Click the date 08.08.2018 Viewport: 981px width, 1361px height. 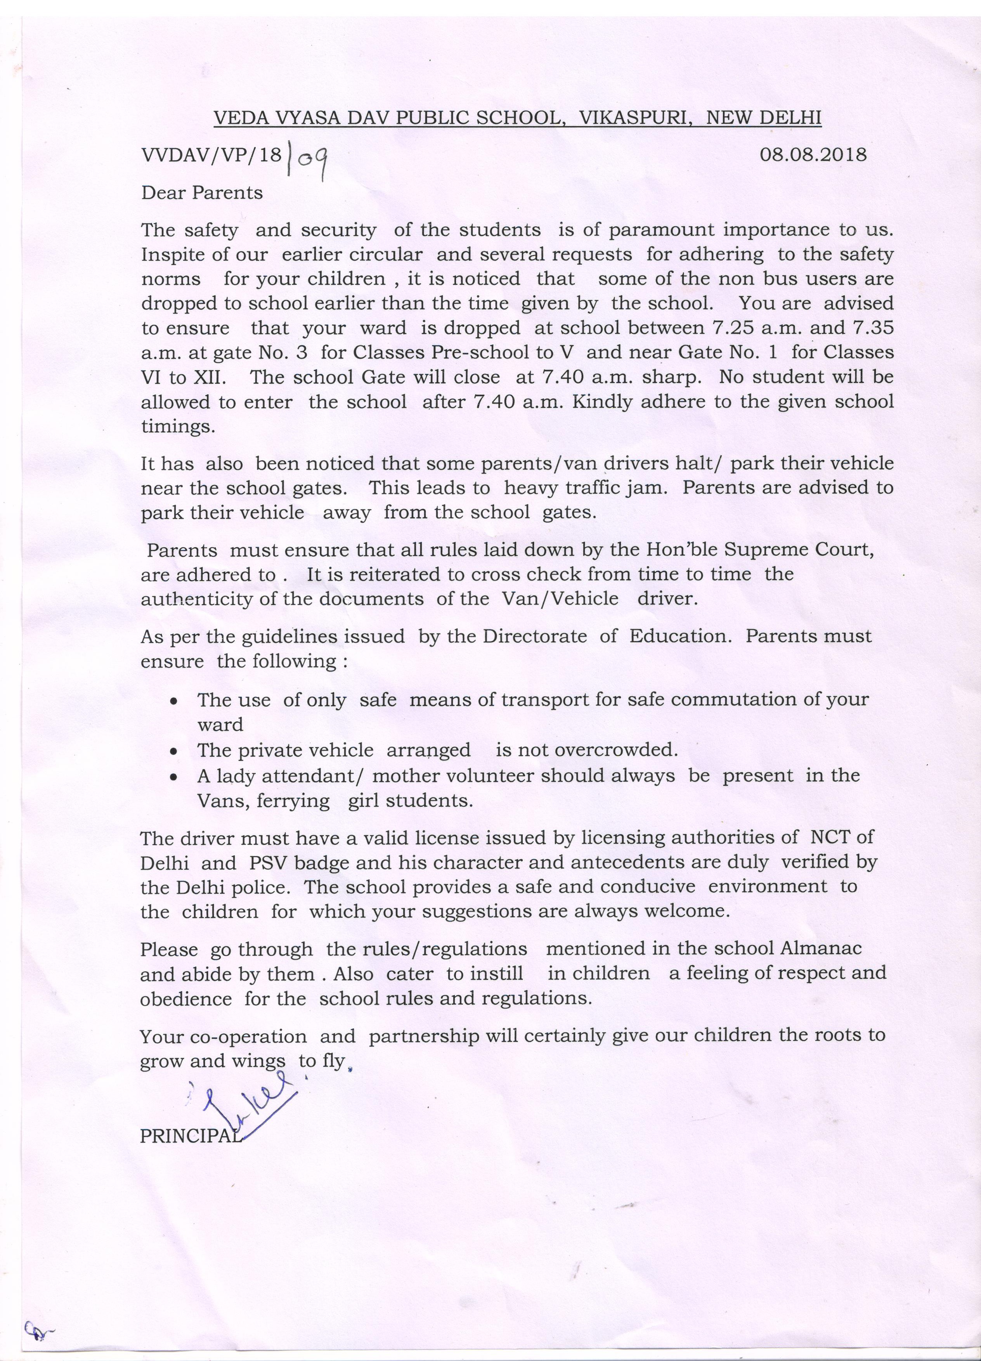pos(813,155)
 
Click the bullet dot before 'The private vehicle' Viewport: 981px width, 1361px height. pos(173,751)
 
